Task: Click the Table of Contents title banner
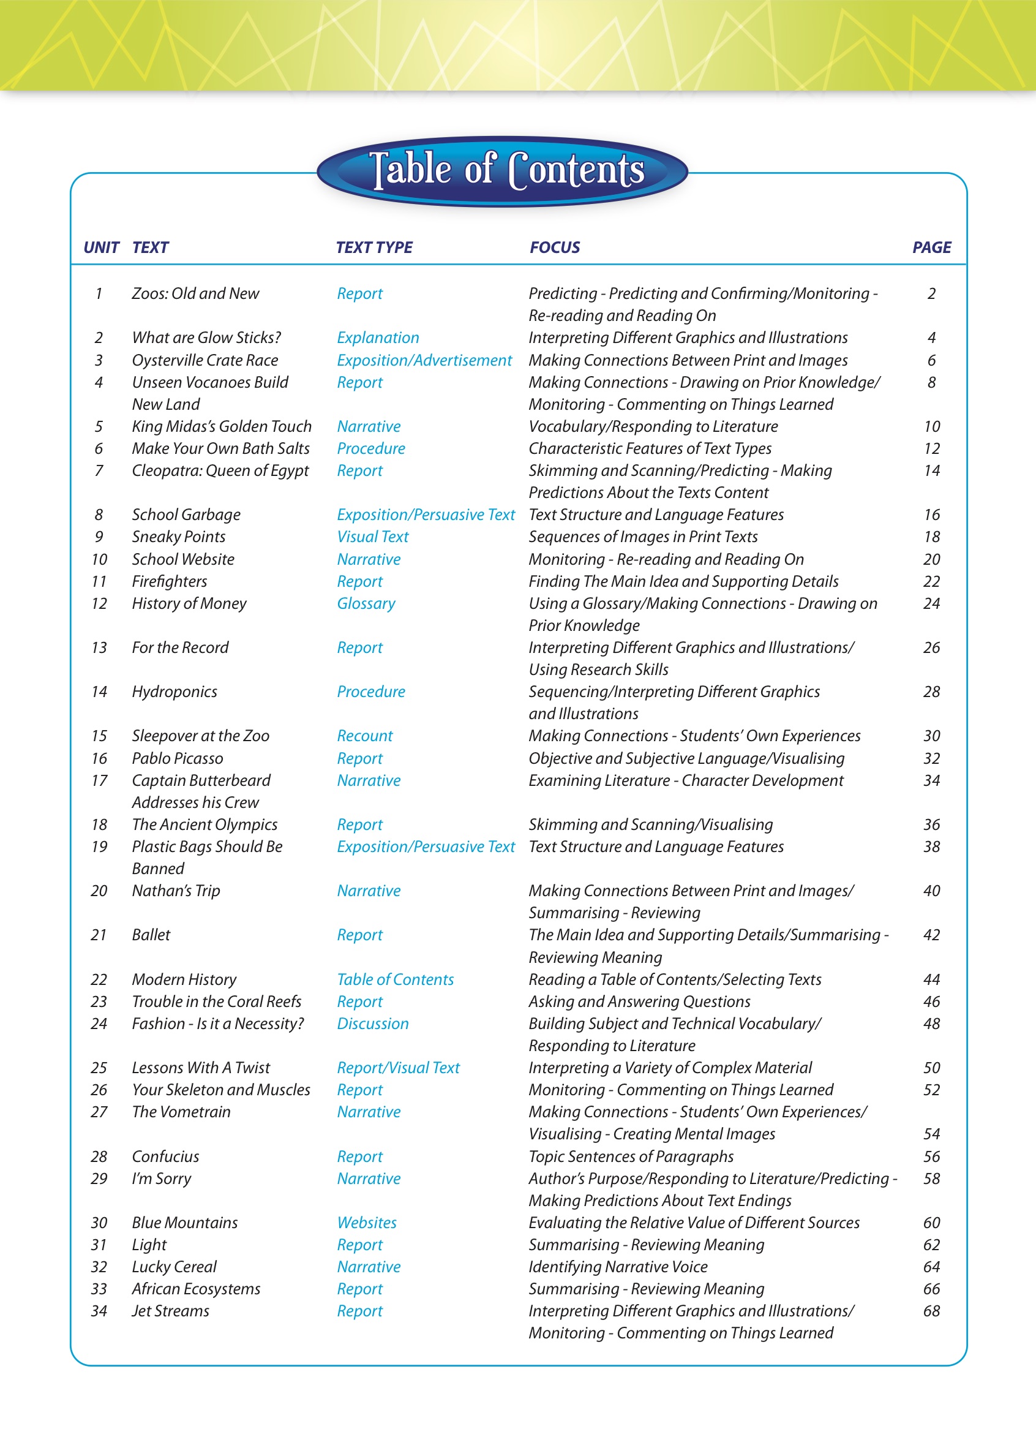click(503, 170)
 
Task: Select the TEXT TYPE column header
click(374, 247)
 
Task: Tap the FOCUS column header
click(554, 247)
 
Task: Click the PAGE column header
click(931, 247)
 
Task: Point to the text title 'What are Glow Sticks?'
click(206, 338)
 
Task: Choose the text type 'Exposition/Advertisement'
click(424, 361)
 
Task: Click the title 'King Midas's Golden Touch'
click(222, 426)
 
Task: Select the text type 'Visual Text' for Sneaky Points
click(372, 537)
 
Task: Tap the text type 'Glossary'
click(366, 603)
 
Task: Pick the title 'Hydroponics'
click(174, 692)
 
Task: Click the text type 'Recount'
click(365, 736)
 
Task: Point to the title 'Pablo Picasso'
click(178, 758)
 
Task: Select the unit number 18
click(99, 824)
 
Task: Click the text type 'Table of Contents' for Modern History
click(396, 979)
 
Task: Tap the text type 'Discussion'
click(372, 1024)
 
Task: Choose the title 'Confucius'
click(165, 1156)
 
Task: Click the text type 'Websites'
click(367, 1223)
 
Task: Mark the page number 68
click(931, 1311)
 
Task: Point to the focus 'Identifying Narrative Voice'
click(618, 1267)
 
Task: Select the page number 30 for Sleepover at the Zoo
click(931, 736)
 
